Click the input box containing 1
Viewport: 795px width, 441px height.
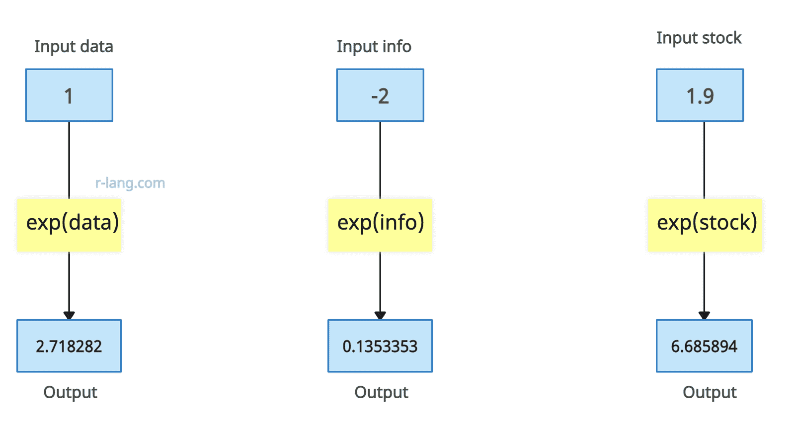[69, 95]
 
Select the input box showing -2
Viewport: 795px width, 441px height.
[380, 95]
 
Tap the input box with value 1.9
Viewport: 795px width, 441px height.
[700, 95]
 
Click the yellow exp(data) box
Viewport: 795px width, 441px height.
[69, 225]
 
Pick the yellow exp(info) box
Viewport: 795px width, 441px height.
[380, 225]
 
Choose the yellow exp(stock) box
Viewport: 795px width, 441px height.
[705, 225]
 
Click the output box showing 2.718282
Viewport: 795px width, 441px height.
[69, 346]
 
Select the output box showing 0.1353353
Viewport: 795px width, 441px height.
[380, 346]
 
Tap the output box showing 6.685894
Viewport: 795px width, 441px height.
[704, 346]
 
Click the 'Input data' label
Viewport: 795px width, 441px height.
[74, 47]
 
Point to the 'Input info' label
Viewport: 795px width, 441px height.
[374, 47]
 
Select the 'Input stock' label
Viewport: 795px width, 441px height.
[699, 38]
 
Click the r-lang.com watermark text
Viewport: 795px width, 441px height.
[130, 183]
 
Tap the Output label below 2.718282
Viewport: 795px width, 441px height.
[70, 393]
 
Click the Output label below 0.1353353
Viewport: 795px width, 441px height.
[381, 393]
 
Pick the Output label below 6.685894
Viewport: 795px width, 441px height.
[710, 393]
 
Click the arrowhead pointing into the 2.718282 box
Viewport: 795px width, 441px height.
[69, 315]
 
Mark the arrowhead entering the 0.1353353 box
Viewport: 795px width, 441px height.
[380, 315]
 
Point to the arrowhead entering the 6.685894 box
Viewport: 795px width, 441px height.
[704, 315]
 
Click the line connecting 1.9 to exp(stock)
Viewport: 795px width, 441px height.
[704, 160]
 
